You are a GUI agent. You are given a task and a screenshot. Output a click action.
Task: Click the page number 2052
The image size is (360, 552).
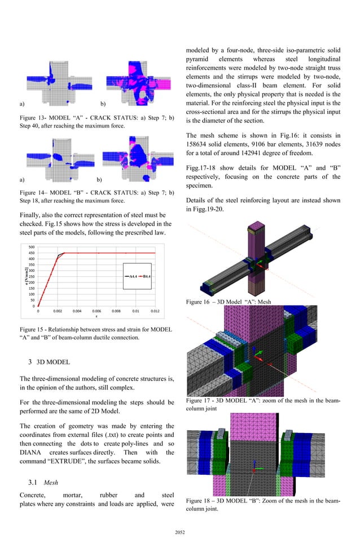[180, 531]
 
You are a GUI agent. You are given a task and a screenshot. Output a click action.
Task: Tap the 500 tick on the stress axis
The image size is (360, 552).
[32, 247]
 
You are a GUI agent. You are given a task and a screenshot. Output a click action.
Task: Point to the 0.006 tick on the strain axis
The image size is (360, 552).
[96, 311]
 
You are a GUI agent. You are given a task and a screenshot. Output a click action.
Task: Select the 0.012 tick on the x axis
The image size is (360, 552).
[155, 311]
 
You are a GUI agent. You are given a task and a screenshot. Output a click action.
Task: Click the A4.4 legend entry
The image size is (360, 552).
[130, 276]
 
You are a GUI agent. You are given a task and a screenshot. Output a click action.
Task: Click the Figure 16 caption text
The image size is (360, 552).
[229, 302]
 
